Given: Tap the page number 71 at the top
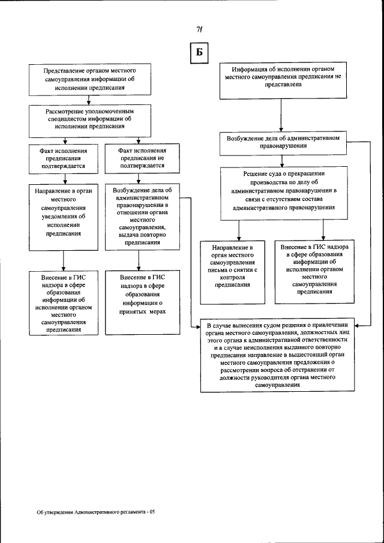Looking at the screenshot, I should coord(199,30).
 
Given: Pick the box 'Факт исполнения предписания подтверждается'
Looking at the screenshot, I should coord(64,157).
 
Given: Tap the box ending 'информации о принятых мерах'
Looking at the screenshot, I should coord(142,302).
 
